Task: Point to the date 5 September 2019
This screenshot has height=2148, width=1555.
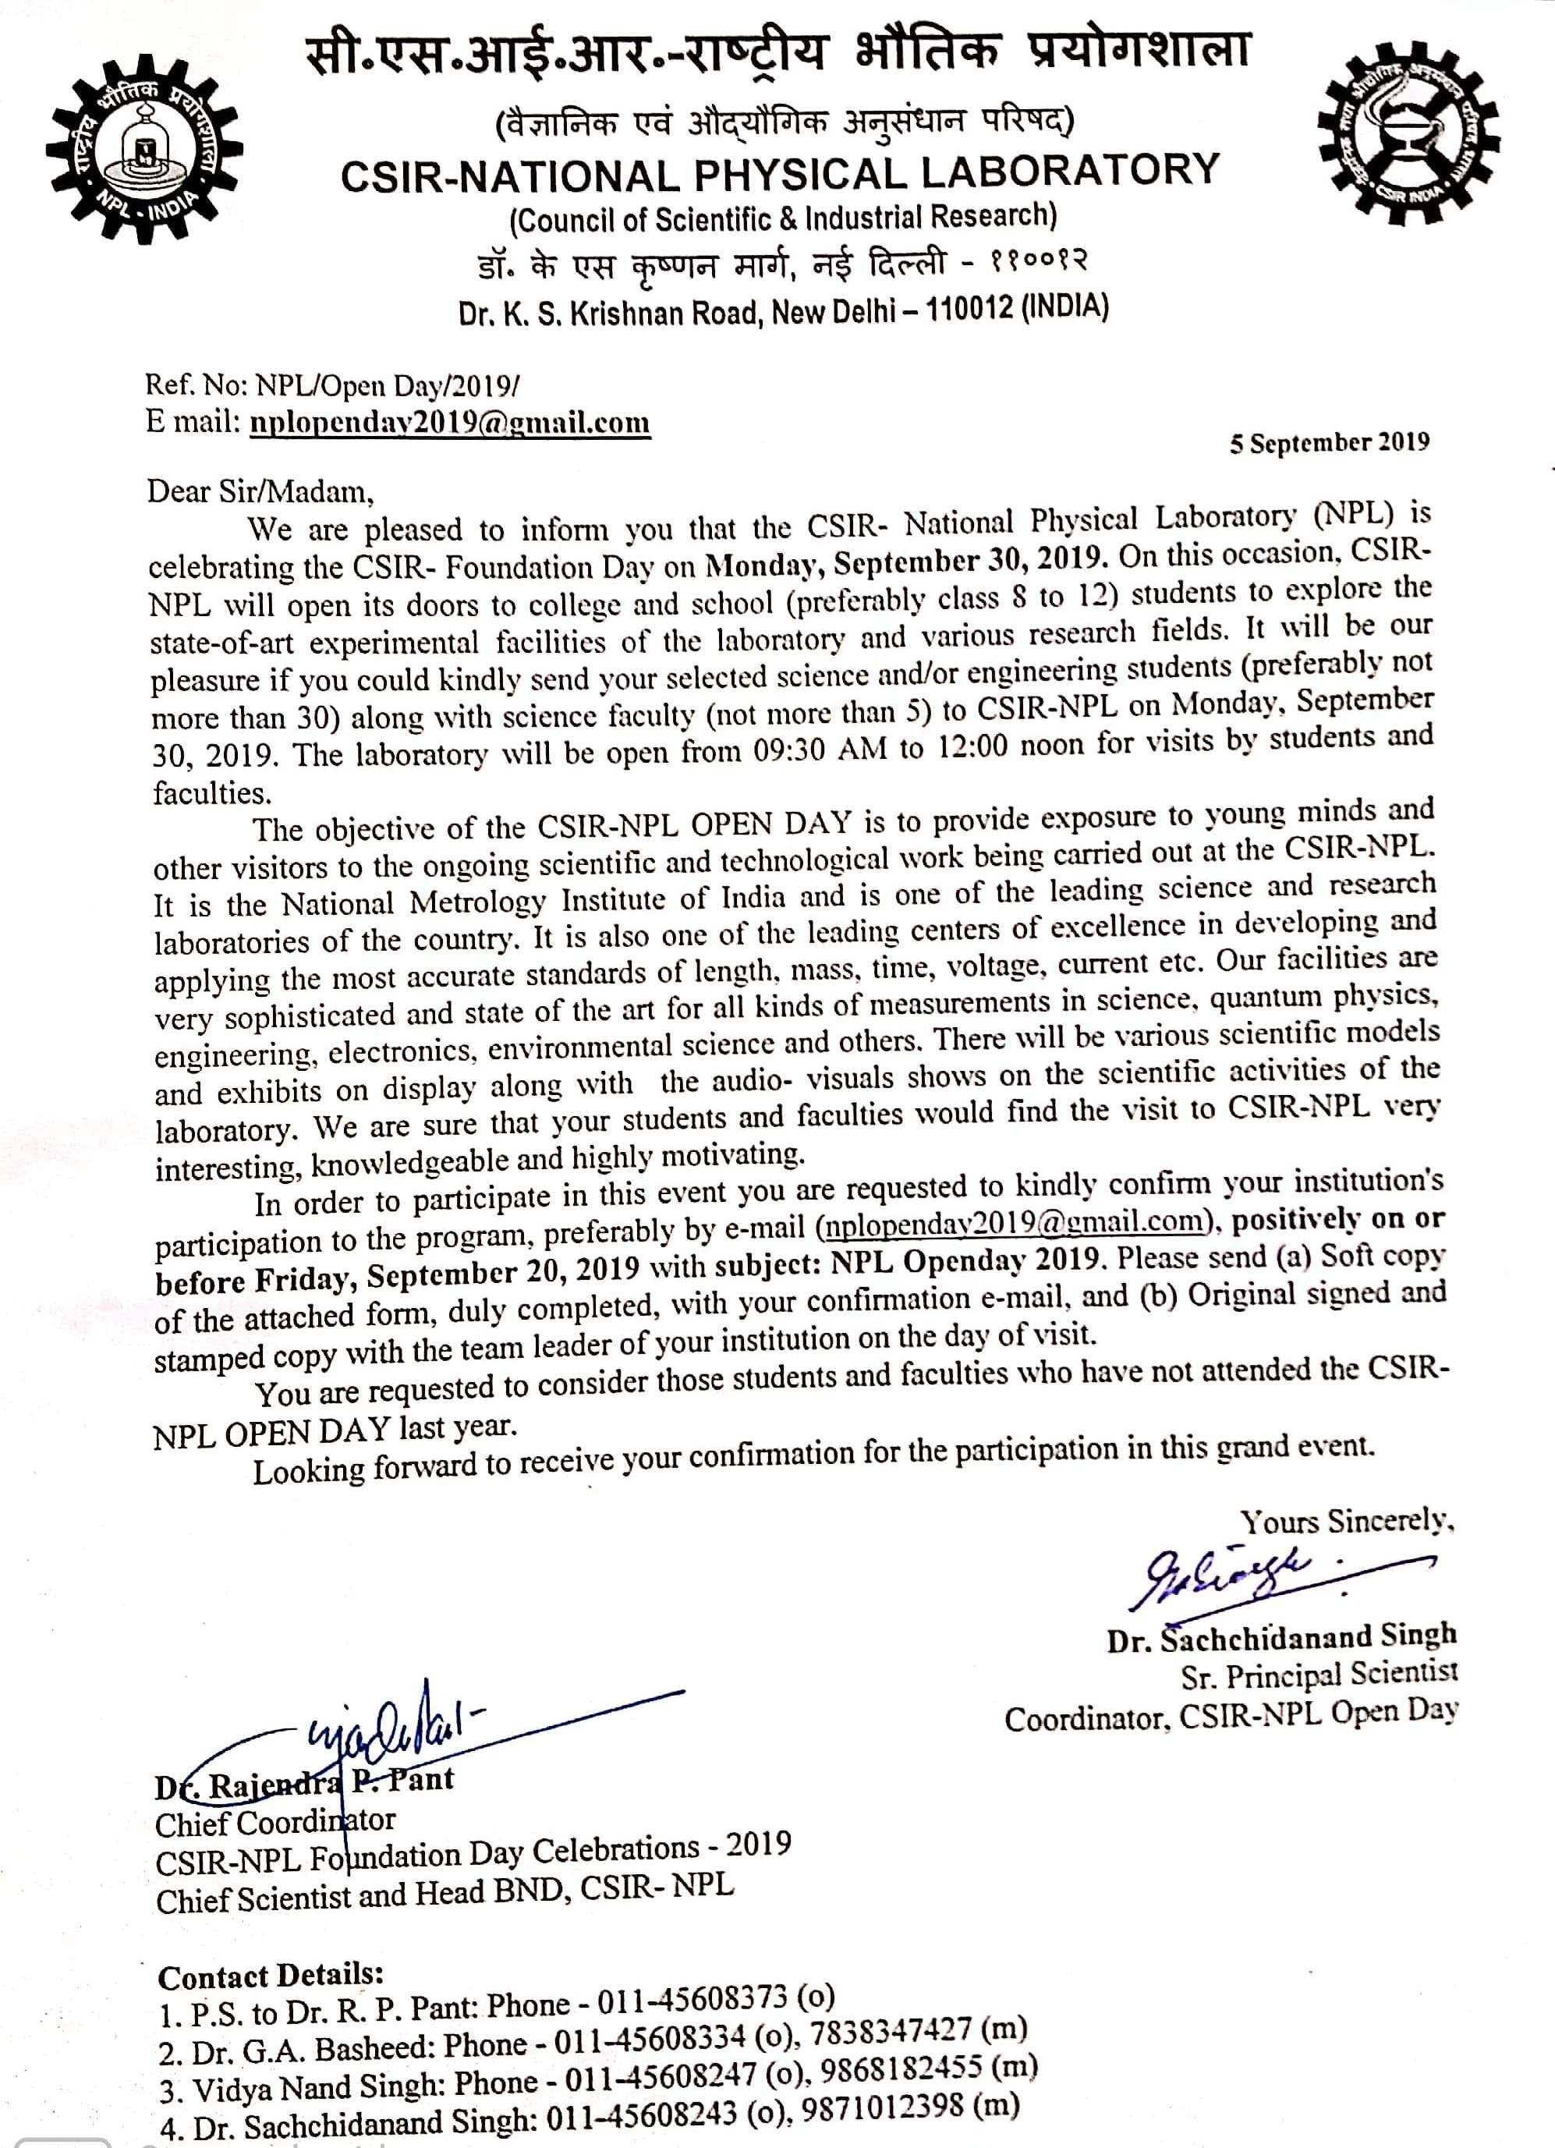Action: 1329,443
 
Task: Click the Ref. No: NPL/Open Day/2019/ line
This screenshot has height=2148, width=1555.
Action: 332,385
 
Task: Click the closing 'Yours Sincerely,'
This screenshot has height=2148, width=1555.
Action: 1348,1522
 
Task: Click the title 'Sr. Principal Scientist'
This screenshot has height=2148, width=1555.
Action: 1318,1676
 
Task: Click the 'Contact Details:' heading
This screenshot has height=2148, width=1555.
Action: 270,1976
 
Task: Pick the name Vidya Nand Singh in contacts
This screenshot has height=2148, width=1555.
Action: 318,2085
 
